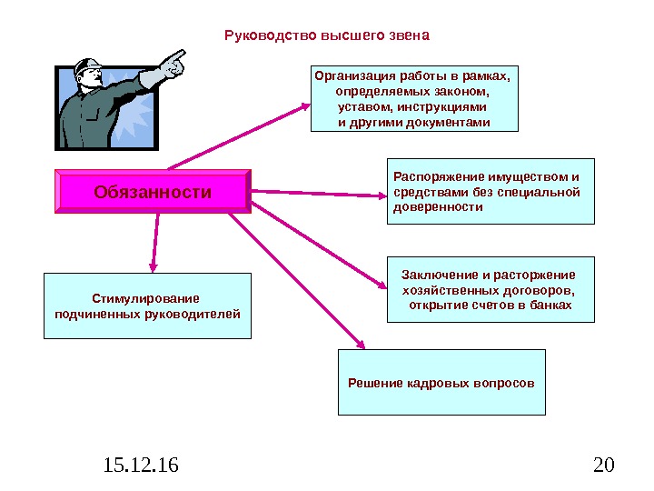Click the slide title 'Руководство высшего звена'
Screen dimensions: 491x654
pyautogui.click(x=326, y=36)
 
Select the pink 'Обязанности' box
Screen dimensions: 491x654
pyautogui.click(x=153, y=193)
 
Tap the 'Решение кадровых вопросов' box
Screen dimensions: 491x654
pyautogui.click(x=441, y=383)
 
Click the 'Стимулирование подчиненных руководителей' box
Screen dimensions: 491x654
pyautogui.click(x=147, y=306)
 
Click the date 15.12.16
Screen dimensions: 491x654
pyautogui.click(x=141, y=466)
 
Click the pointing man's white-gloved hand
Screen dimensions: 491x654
pyautogui.click(x=172, y=65)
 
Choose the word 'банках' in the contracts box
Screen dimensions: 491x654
pyautogui.click(x=551, y=306)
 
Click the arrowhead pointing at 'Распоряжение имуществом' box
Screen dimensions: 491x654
pyautogui.click(x=382, y=195)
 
